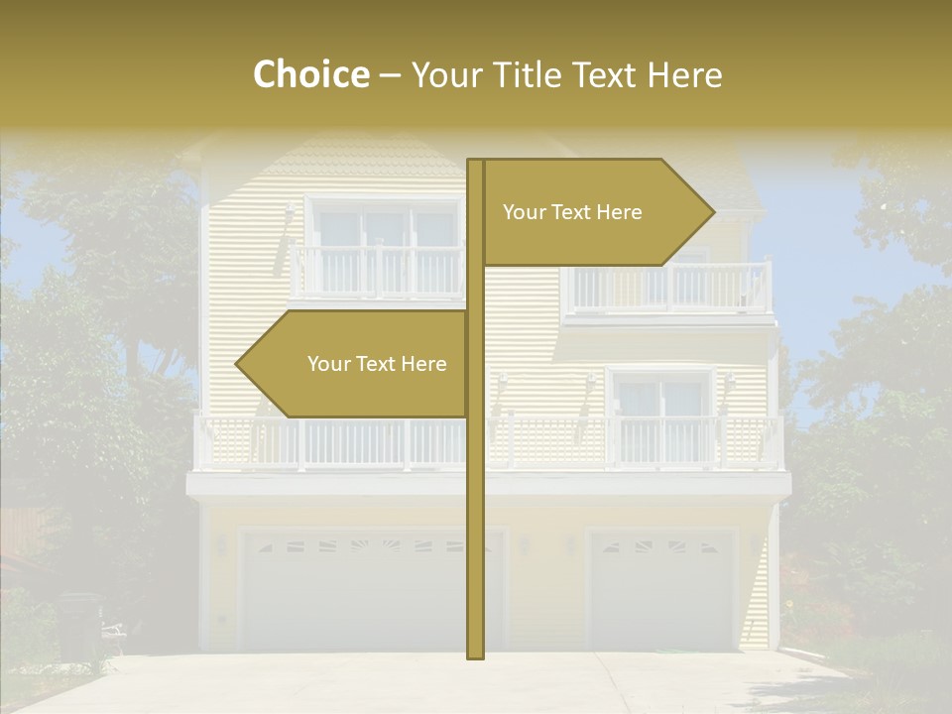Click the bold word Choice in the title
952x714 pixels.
(x=310, y=74)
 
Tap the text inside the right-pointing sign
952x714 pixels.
(x=572, y=212)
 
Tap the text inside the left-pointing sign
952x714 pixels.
(x=377, y=364)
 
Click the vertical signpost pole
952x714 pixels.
(x=475, y=496)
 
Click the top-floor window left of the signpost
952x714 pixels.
(x=382, y=228)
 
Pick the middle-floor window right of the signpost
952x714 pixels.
(x=660, y=397)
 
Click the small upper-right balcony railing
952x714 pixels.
(x=669, y=288)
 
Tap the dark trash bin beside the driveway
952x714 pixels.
(x=79, y=625)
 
